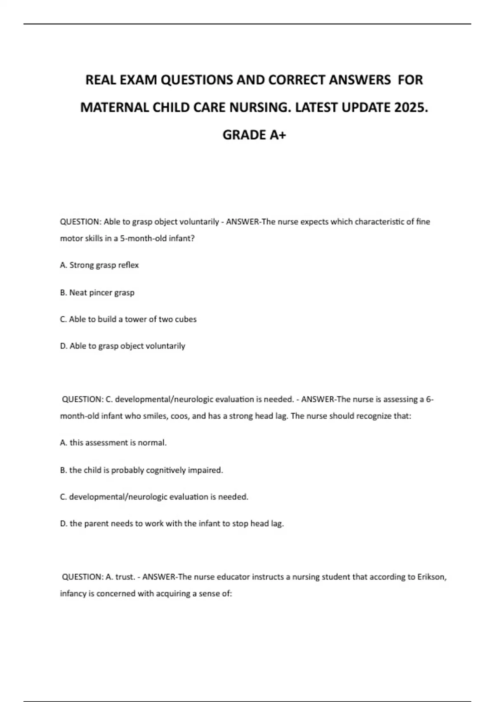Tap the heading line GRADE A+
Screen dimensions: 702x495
254,135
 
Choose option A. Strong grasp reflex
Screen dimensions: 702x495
99,265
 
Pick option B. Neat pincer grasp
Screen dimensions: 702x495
97,292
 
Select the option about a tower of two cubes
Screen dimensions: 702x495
128,319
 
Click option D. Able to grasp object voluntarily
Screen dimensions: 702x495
123,346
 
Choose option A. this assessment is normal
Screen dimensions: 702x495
113,443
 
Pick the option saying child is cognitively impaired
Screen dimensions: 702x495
141,470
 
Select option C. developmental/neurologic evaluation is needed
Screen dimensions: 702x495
154,497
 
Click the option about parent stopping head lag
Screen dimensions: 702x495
172,524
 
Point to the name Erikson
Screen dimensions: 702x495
432,577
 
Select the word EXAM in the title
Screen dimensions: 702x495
138,80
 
